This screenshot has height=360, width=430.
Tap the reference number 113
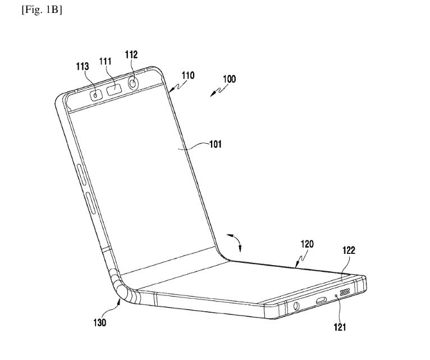click(x=83, y=66)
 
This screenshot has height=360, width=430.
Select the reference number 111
click(x=106, y=61)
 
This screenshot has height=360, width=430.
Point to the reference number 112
click(x=131, y=54)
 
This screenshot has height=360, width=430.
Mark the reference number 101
click(x=215, y=144)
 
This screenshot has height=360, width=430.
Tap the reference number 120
click(x=307, y=244)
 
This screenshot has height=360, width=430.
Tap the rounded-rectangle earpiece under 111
click(x=115, y=88)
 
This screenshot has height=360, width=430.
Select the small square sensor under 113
click(x=96, y=94)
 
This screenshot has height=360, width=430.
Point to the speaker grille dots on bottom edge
click(x=348, y=293)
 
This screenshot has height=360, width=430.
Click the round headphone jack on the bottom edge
click(x=295, y=307)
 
